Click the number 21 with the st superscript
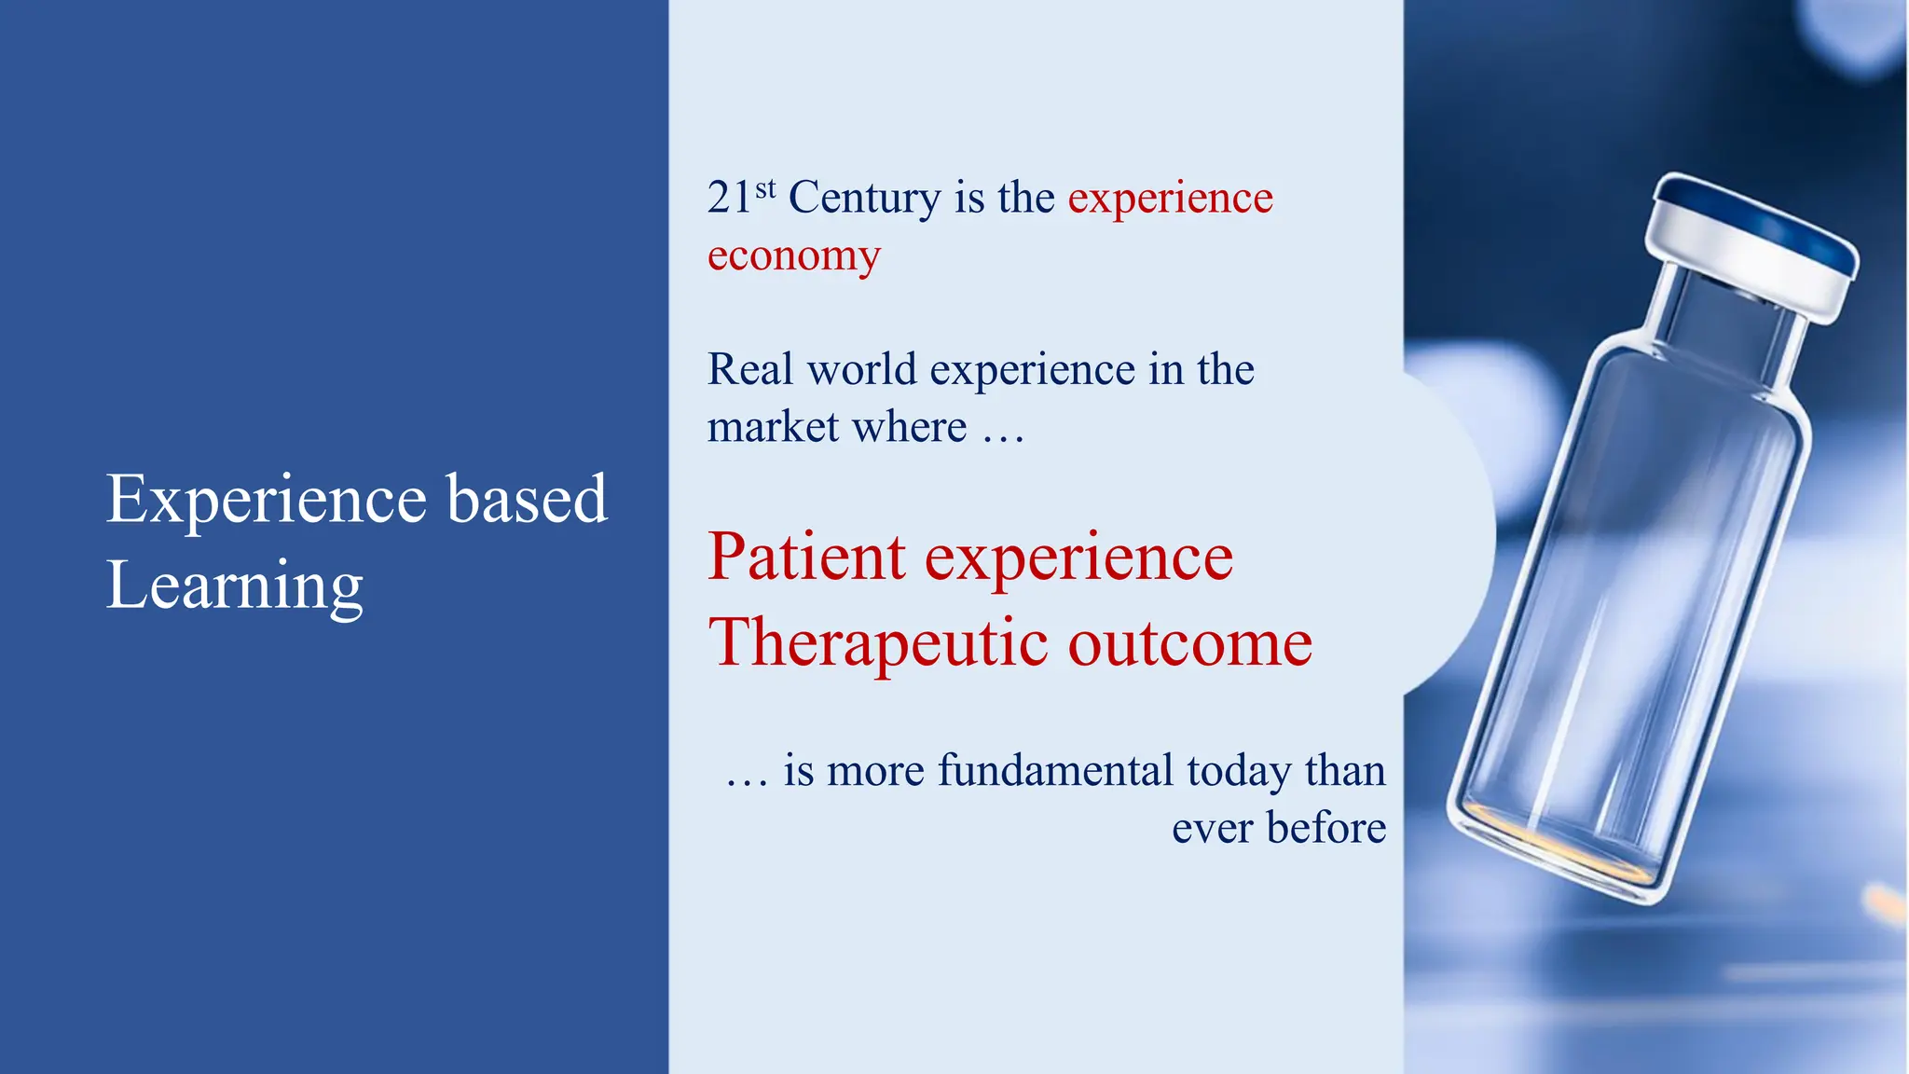click(731, 198)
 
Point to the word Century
click(864, 199)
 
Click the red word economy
click(793, 255)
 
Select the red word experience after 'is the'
click(1170, 199)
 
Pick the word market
click(773, 427)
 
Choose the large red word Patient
click(806, 557)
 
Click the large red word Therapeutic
click(879, 643)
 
